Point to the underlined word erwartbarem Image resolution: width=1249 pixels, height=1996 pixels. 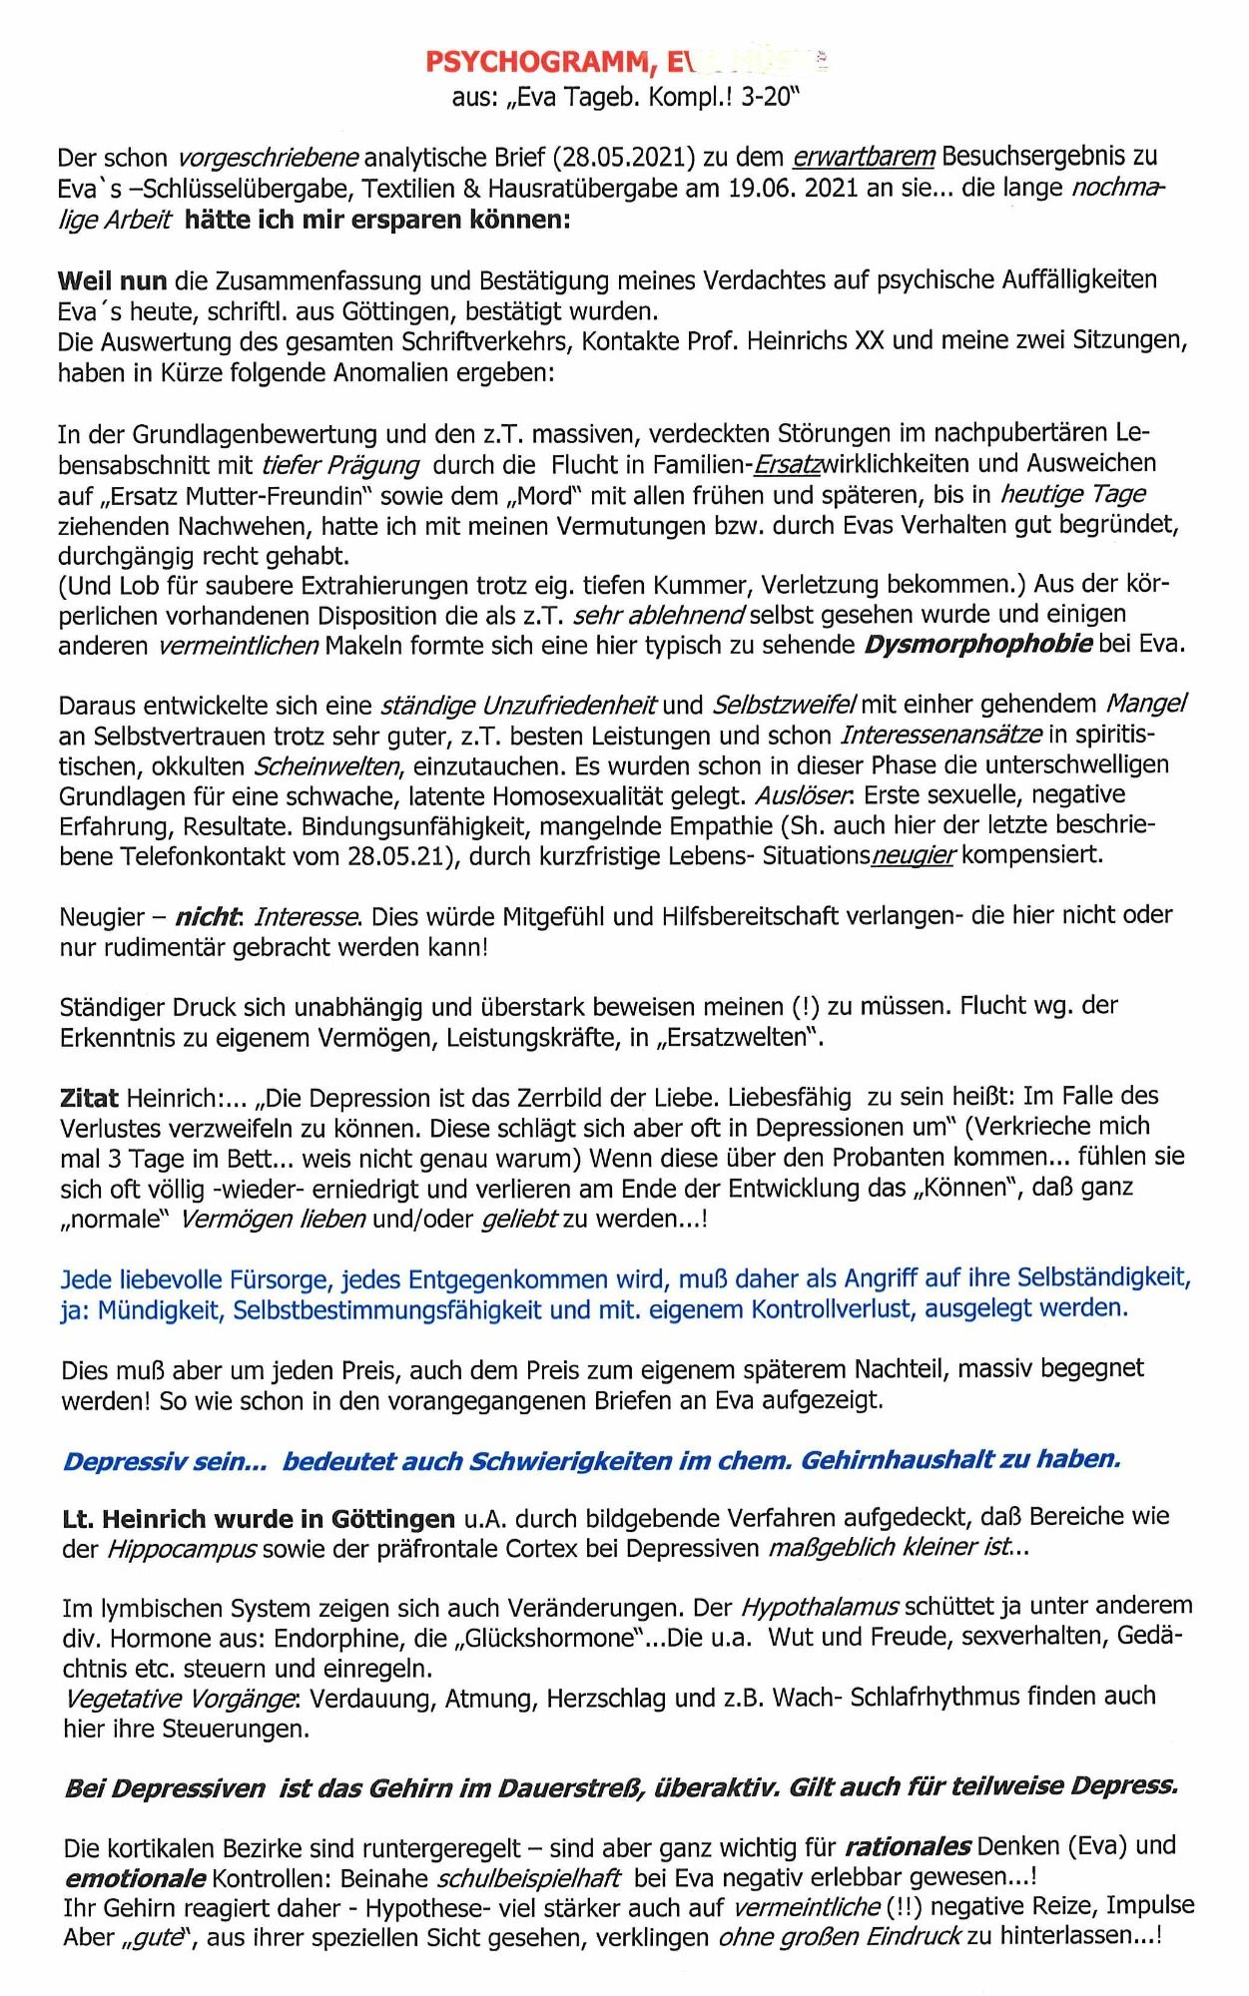(865, 158)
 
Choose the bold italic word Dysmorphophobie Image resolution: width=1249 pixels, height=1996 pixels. (977, 644)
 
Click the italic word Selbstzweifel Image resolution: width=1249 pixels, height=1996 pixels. (784, 706)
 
